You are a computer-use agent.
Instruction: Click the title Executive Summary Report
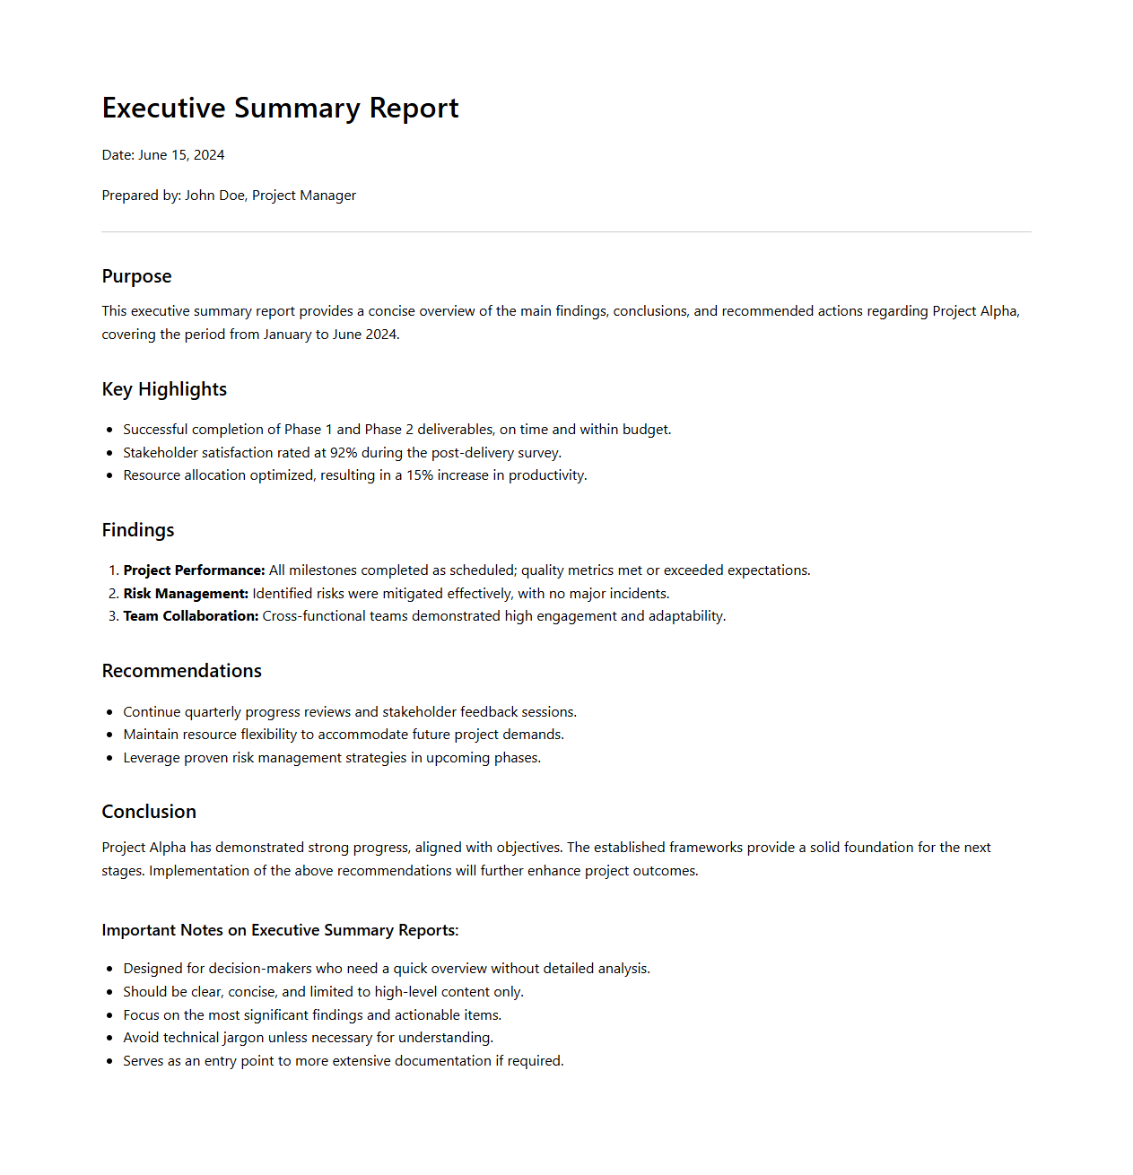[280, 109]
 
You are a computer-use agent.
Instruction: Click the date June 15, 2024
[181, 155]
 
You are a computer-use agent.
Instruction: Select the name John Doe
[214, 196]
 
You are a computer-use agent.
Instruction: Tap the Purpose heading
[136, 276]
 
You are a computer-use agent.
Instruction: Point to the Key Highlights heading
[164, 389]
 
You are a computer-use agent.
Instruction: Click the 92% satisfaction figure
[344, 453]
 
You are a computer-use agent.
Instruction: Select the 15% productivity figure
[420, 475]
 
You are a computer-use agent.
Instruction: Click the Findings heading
[138, 530]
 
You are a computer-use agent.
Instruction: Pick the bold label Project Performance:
[194, 570]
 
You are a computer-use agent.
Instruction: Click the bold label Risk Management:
[186, 594]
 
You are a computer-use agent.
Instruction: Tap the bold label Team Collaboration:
[191, 616]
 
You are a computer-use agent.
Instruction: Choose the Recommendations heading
[182, 671]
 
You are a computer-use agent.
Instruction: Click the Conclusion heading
[149, 812]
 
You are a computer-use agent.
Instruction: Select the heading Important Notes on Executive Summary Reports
[280, 930]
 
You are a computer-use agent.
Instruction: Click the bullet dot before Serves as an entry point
[109, 1061]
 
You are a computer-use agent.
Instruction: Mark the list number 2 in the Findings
[113, 594]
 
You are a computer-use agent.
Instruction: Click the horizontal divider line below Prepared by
[566, 232]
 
